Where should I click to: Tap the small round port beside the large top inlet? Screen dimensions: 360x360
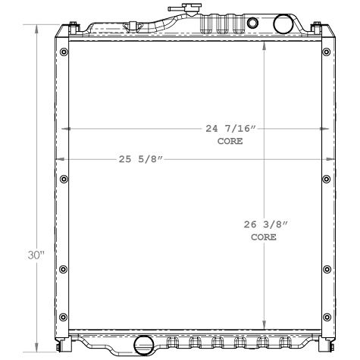[253, 20]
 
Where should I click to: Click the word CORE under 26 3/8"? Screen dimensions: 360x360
[263, 237]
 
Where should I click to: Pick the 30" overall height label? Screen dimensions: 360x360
[36, 255]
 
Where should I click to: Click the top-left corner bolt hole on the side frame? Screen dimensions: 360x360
[63, 52]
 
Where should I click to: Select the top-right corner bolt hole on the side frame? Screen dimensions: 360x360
[326, 52]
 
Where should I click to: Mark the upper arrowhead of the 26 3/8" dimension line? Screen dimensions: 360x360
[263, 44]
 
